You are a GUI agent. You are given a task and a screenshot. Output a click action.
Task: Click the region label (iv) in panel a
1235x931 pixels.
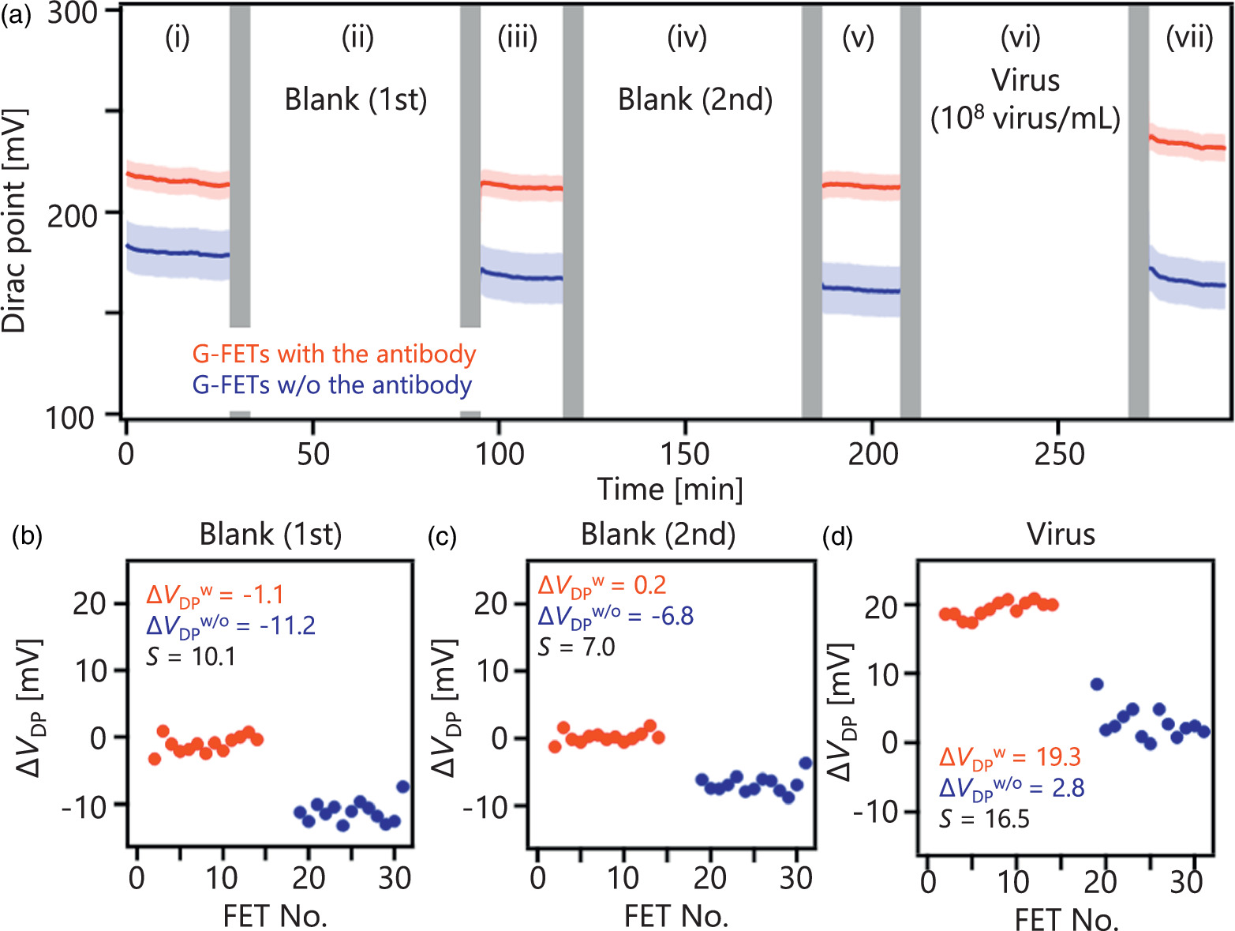coord(687,37)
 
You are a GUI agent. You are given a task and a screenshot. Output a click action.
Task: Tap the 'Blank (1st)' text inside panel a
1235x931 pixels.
coord(355,100)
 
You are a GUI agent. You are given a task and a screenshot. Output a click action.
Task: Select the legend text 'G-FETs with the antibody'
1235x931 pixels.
coord(334,354)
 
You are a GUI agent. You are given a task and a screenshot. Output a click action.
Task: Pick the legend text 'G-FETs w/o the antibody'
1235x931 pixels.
coord(332,385)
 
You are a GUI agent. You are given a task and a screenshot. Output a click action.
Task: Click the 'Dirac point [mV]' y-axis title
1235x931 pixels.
coord(14,221)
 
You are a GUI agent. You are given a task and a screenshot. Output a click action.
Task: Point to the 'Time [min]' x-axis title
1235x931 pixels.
coord(670,490)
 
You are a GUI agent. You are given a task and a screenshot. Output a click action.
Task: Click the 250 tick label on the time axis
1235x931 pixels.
coord(1059,454)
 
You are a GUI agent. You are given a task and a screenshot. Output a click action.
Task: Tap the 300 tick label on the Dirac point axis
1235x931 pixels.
coord(72,13)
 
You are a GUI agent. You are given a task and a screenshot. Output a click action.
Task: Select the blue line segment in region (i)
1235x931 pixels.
coord(178,252)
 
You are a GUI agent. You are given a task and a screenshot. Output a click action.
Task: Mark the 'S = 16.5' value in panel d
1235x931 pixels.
coord(984,819)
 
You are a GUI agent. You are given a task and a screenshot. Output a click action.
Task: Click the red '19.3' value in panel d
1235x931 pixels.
coord(1058,757)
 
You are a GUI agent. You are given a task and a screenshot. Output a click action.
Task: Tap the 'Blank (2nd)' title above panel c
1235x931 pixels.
coord(658,535)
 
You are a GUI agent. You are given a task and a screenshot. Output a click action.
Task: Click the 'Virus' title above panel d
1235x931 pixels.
coord(1061,535)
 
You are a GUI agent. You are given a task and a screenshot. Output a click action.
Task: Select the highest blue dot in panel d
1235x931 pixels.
coord(1096,684)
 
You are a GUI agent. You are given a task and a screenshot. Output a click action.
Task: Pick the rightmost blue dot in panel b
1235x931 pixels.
coord(402,786)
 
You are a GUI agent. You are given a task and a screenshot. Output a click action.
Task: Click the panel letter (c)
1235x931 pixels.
coord(441,537)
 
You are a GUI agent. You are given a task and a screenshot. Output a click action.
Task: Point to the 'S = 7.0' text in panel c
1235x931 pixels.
coord(576,648)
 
